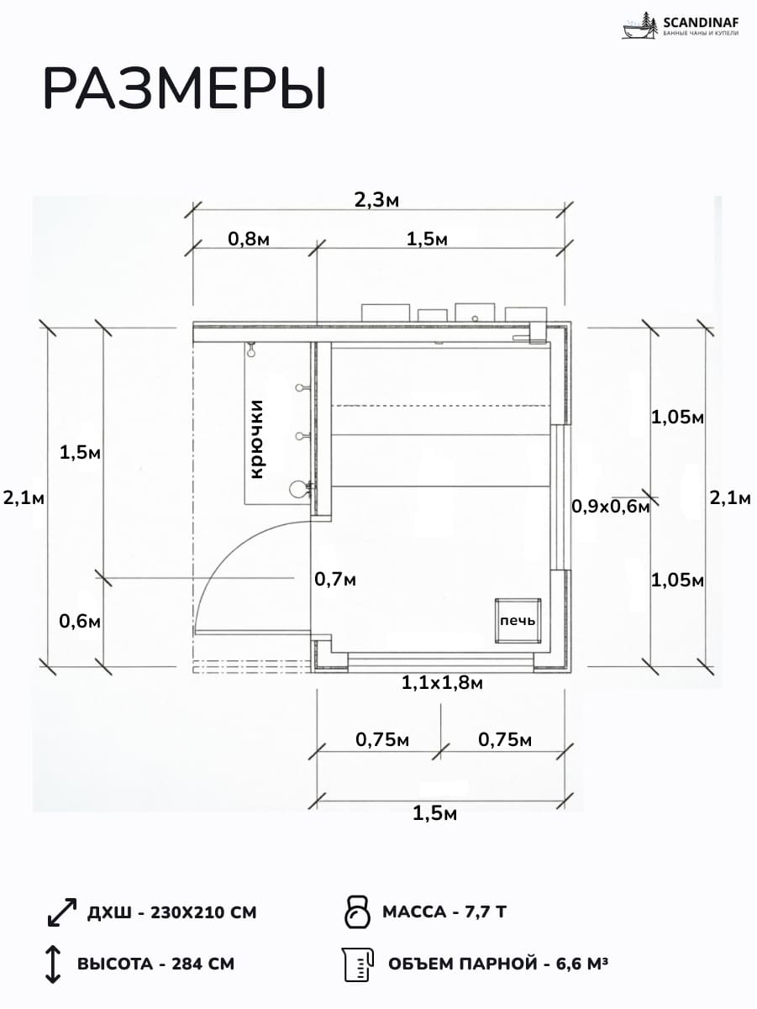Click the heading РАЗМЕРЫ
[185, 89]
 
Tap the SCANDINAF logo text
[701, 22]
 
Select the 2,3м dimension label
[376, 200]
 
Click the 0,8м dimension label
[249, 239]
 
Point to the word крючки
[256, 439]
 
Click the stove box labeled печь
[518, 621]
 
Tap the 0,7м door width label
[335, 580]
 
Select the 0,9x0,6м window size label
[610, 507]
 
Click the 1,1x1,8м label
[442, 683]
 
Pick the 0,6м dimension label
[80, 622]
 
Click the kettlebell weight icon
[357, 912]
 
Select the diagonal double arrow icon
[62, 912]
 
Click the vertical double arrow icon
[53, 964]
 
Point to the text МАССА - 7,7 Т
[444, 912]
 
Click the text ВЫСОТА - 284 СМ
[155, 964]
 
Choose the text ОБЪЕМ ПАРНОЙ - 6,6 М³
[498, 964]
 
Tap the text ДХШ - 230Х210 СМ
[171, 912]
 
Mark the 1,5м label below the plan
[435, 813]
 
